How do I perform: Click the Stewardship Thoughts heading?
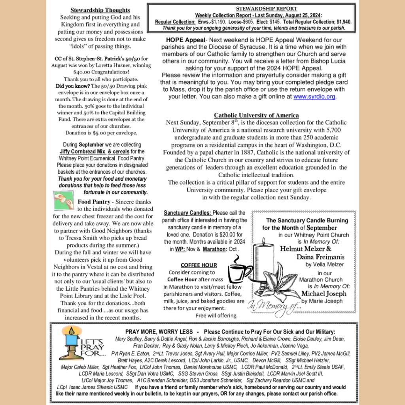click(x=100, y=10)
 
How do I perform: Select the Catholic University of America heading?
click(x=256, y=115)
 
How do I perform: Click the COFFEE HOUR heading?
click(x=199, y=265)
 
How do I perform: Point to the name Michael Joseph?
click(x=324, y=293)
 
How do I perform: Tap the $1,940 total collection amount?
click(x=342, y=22)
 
